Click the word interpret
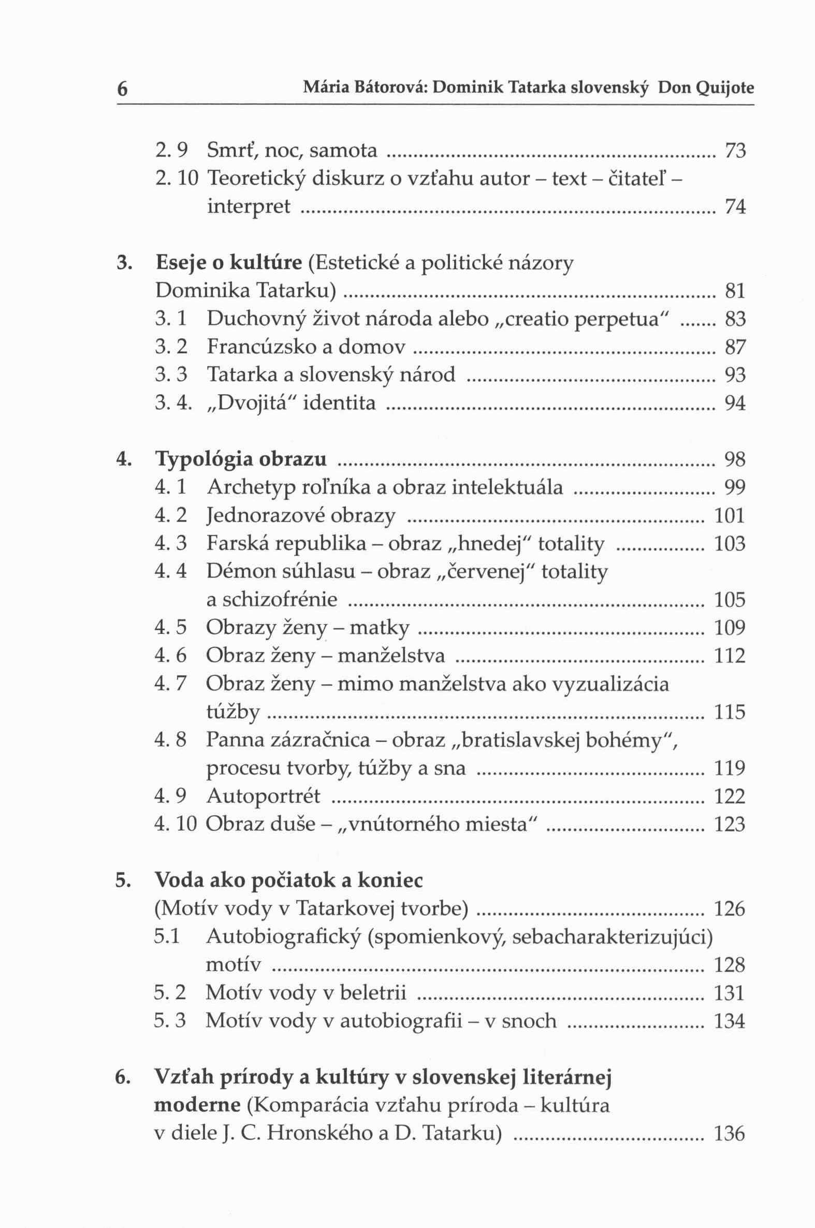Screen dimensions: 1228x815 click(249, 207)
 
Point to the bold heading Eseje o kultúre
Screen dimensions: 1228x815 click(229, 263)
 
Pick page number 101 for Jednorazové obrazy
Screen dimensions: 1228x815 click(730, 516)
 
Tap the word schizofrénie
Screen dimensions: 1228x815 click(272, 600)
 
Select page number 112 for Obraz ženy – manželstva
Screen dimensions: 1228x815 click(730, 656)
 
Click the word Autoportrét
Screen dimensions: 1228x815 click(263, 796)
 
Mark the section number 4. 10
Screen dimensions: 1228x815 click(176, 824)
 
